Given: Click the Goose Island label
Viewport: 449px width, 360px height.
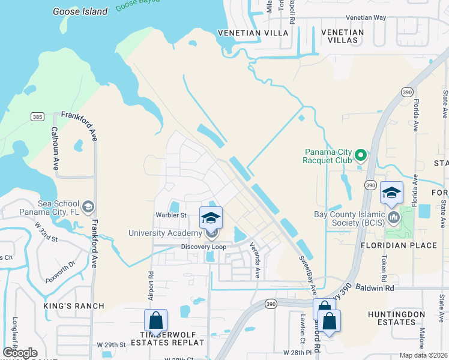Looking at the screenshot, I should pos(80,11).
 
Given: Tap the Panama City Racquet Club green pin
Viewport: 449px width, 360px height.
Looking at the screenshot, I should pos(360,156).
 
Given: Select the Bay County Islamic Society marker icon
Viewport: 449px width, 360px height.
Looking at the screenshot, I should pos(393,216).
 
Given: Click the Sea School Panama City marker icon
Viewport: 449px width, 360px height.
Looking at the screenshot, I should pos(88,207).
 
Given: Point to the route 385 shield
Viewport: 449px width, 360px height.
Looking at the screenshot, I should pos(38,116).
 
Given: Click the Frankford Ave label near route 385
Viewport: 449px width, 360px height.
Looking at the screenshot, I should pos(80,115).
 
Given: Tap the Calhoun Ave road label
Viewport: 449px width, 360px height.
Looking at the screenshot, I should pos(54,147).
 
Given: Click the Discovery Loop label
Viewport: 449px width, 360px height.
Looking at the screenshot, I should pos(204,247).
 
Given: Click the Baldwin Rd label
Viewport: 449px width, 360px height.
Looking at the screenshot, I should pos(378,288).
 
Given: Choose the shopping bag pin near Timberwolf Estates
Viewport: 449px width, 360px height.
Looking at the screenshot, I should pos(155,320).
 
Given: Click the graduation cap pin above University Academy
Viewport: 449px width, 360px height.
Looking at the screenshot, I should pos(211,218).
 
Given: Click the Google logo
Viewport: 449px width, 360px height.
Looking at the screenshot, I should pos(20,353).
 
